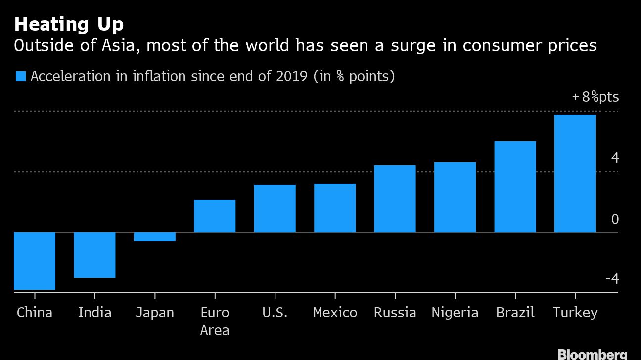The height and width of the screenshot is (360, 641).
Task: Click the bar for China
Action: point(35,261)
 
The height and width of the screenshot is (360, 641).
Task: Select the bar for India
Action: point(94,255)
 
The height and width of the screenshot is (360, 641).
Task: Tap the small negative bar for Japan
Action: point(155,237)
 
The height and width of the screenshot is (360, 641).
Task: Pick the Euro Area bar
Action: point(215,216)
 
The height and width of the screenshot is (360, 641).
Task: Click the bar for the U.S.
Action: point(275,209)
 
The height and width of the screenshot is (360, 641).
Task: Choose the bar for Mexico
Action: point(335,208)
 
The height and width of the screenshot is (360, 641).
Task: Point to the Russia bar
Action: point(395,199)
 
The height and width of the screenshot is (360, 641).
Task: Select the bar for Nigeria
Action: point(455,197)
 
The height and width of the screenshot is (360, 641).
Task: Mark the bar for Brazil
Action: point(515,187)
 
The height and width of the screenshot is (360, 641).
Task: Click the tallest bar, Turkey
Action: point(575,174)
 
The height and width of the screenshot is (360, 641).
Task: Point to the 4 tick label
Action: point(615,158)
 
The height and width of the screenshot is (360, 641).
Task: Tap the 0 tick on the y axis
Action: point(615,219)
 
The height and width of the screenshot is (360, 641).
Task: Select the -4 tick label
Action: point(612,279)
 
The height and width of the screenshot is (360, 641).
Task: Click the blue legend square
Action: point(20,77)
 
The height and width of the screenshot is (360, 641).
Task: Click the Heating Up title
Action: point(69,24)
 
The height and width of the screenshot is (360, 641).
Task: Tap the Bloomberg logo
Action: point(592,354)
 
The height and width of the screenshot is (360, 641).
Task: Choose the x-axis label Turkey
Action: point(575,313)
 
